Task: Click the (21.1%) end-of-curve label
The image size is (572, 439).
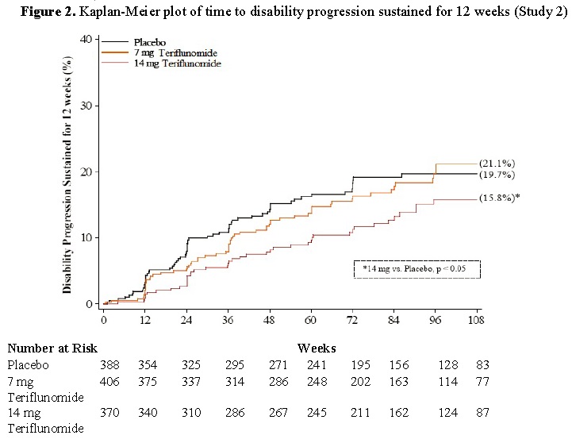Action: point(497,164)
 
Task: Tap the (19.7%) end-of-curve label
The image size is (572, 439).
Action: point(497,175)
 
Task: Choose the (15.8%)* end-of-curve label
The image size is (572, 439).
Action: point(500,198)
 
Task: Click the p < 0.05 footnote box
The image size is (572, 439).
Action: point(417,269)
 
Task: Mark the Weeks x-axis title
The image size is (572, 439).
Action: point(317,348)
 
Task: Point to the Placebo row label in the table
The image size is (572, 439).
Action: point(28,364)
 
